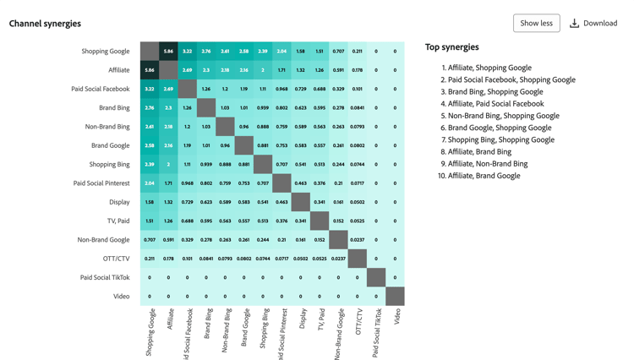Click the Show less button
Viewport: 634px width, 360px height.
click(536, 23)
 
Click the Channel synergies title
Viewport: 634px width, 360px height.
click(45, 24)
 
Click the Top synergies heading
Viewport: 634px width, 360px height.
click(451, 47)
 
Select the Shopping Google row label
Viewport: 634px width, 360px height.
click(106, 52)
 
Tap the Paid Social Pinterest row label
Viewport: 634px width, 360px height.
click(101, 183)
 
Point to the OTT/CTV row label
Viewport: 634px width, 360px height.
click(116, 259)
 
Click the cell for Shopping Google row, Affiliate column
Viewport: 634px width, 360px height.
click(168, 52)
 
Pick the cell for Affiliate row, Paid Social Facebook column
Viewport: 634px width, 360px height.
click(188, 70)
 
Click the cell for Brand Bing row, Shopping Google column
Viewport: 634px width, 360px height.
click(150, 108)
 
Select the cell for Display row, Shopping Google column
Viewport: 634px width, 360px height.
click(150, 202)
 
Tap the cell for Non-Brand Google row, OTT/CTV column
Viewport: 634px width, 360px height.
click(357, 240)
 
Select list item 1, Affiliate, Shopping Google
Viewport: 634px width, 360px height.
click(489, 68)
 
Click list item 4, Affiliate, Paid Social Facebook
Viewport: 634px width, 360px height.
click(495, 104)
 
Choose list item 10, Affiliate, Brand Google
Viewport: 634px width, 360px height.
click(484, 176)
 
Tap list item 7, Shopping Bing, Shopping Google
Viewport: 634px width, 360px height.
click(500, 139)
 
